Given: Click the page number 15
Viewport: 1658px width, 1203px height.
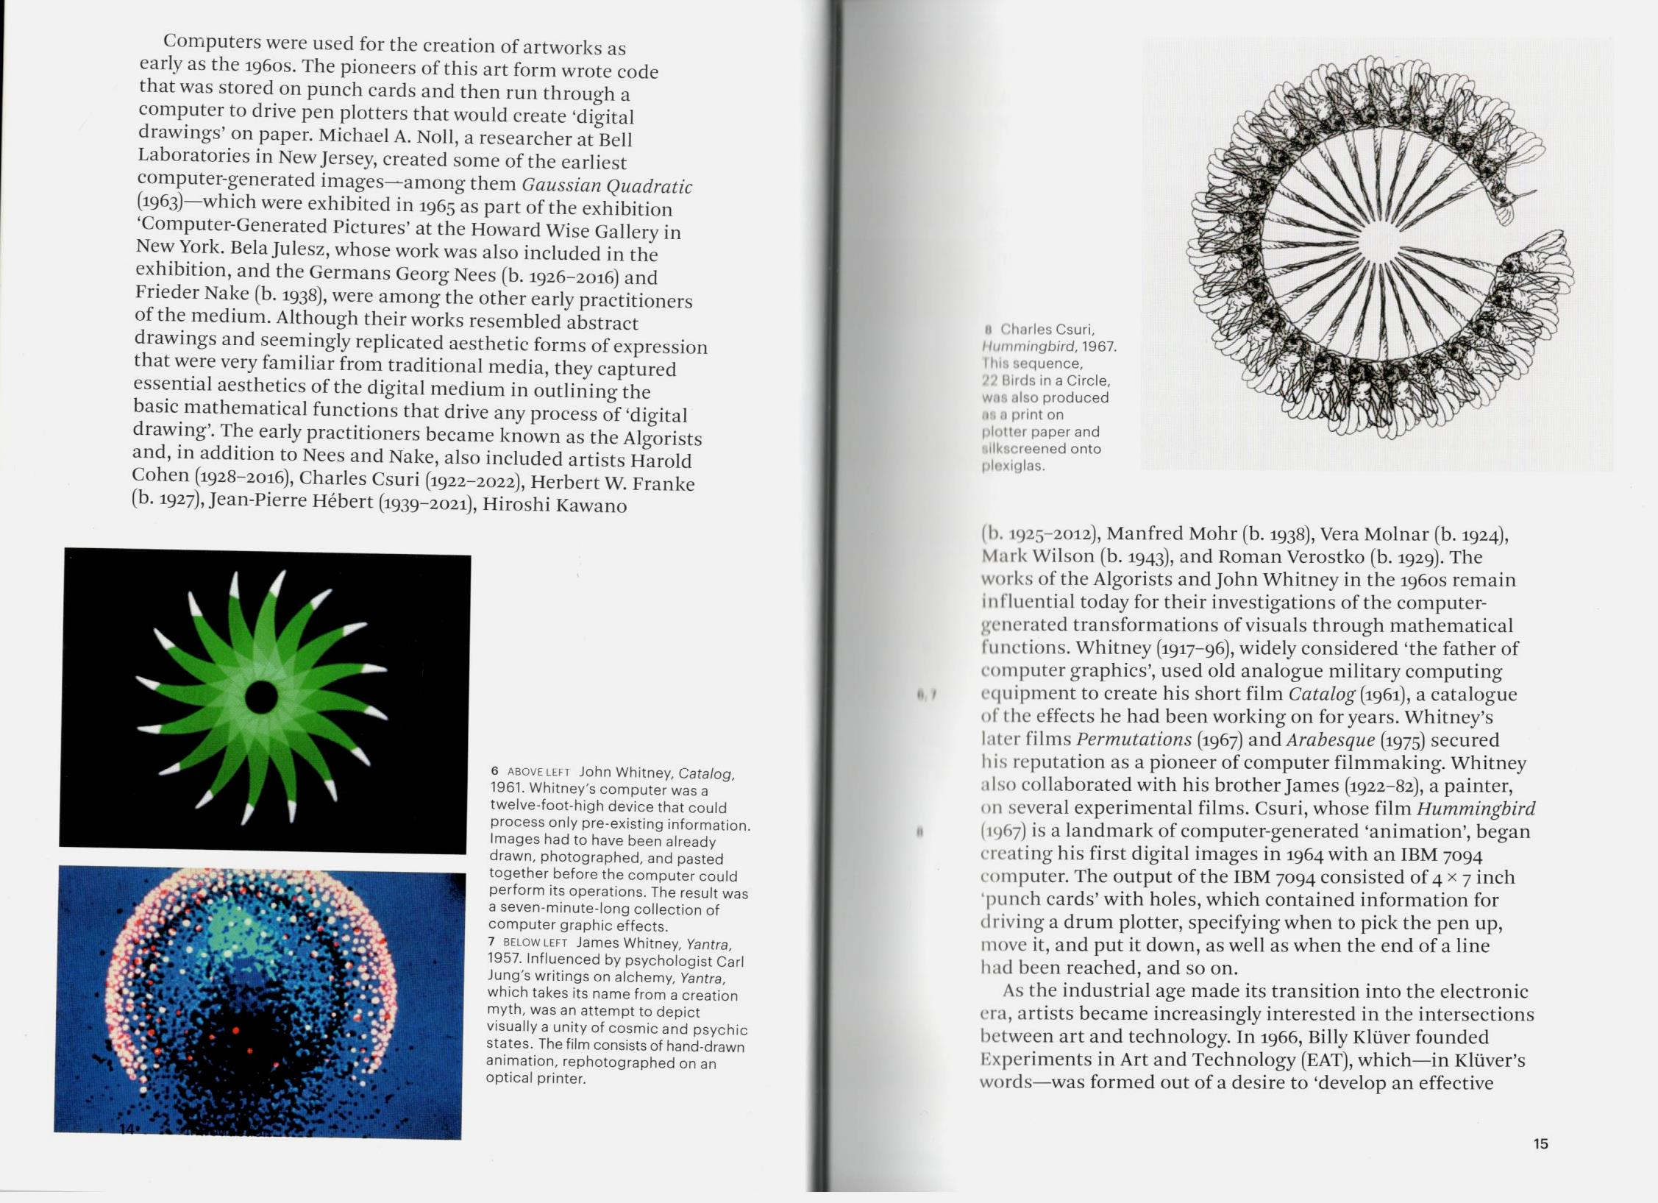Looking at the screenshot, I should click(1541, 1143).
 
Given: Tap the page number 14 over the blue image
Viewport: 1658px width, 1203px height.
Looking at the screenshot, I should click(127, 1129).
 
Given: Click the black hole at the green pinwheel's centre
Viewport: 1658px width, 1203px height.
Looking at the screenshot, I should click(260, 697).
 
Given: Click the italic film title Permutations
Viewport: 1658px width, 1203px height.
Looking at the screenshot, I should click(1134, 739).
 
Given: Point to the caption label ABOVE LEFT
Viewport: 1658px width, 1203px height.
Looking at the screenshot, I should click(538, 772).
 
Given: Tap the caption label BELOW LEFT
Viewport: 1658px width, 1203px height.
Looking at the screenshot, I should click(535, 943).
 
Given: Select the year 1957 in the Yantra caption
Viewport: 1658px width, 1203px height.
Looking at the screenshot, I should click(503, 959).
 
